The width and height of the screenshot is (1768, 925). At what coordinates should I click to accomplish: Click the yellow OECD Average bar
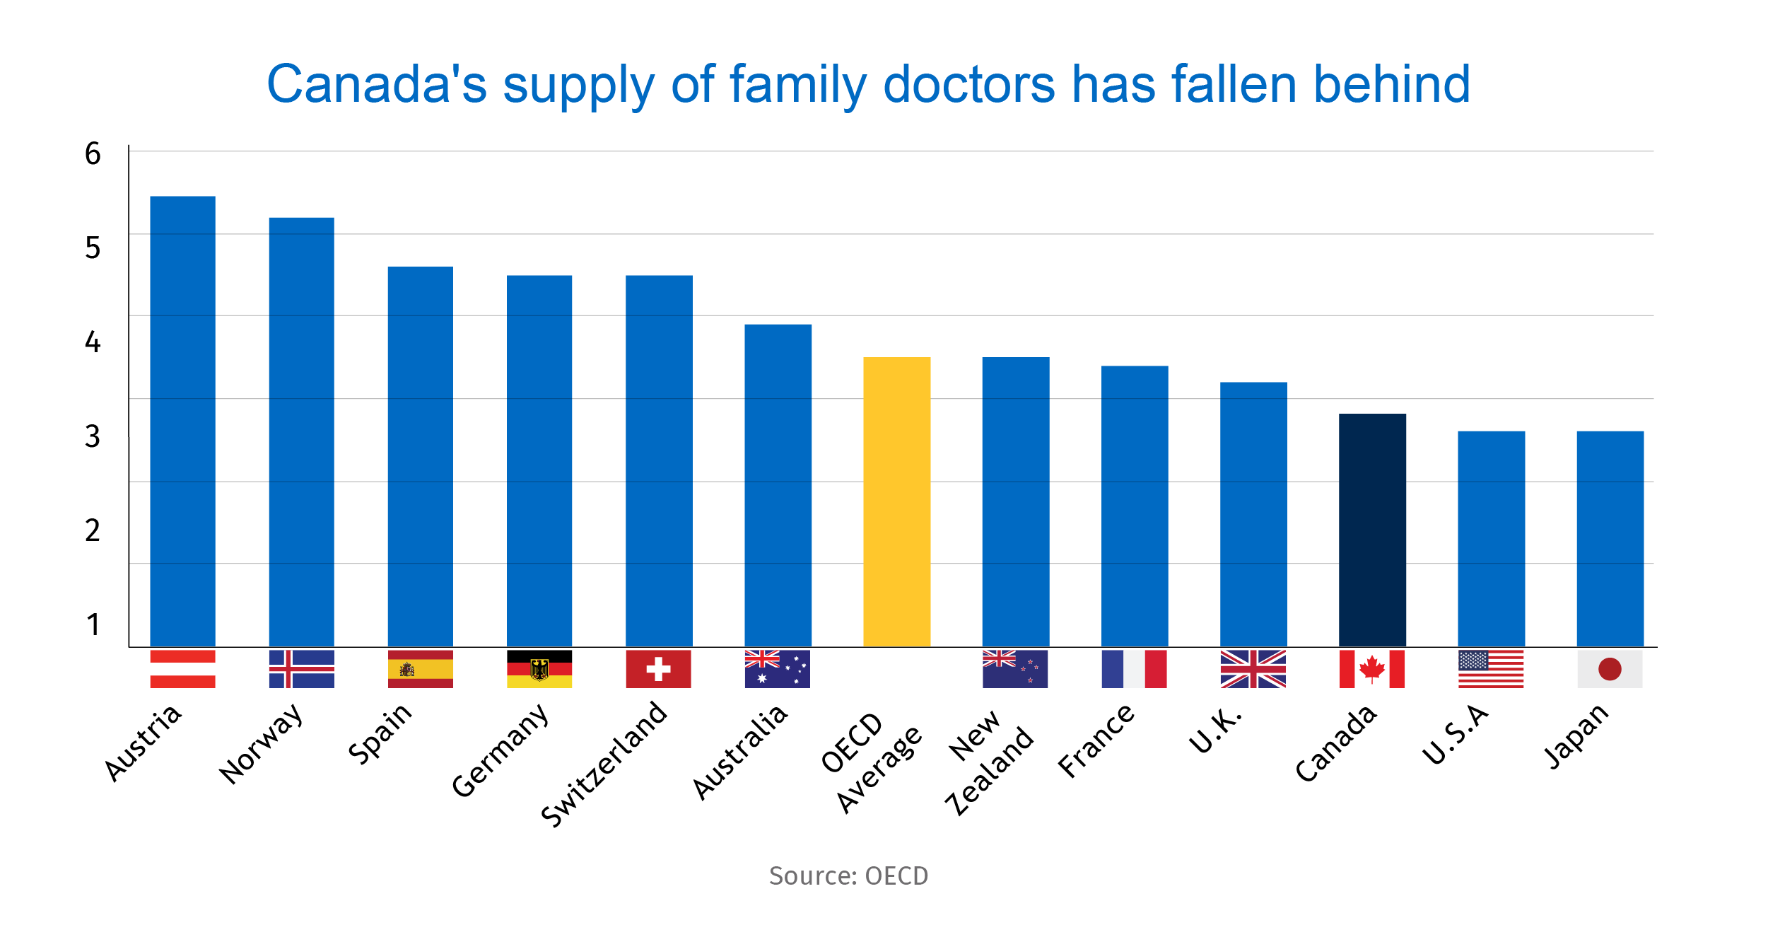click(896, 501)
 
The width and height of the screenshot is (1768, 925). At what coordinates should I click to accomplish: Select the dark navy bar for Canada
click(1372, 530)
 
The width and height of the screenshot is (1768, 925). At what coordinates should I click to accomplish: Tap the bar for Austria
click(182, 421)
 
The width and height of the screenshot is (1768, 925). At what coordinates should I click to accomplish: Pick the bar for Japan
click(1610, 538)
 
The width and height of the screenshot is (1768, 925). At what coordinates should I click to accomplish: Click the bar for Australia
click(778, 485)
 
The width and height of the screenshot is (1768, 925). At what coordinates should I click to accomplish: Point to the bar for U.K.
click(1253, 514)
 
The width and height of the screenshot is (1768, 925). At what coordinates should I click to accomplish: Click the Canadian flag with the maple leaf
click(1371, 669)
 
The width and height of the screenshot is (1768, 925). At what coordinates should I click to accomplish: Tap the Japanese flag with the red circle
click(1610, 669)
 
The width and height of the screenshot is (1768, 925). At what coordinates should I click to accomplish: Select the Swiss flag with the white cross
click(658, 669)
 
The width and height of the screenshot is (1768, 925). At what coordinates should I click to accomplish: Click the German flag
click(539, 669)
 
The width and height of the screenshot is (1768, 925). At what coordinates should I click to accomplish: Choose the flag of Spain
click(420, 669)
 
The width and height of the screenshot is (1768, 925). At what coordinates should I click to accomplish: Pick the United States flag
click(1491, 669)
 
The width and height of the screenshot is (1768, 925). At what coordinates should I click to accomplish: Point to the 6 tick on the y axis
click(93, 154)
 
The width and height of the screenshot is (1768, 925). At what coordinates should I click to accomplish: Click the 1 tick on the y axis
click(93, 625)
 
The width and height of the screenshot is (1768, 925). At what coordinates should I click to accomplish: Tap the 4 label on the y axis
click(93, 342)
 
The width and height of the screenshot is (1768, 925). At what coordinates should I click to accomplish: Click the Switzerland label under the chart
click(605, 764)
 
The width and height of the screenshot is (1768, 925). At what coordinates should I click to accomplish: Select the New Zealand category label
click(990, 762)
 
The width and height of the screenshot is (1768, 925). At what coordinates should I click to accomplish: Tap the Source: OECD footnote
click(848, 876)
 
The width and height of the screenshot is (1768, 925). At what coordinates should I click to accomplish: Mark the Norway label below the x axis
click(262, 744)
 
